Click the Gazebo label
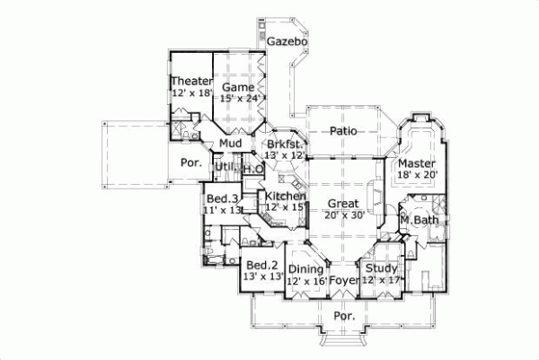pyautogui.click(x=287, y=42)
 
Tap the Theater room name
pyautogui.click(x=192, y=83)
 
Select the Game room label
pyautogui.click(x=239, y=87)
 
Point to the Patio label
pyautogui.click(x=342, y=131)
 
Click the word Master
pyautogui.click(x=417, y=163)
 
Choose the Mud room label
pyautogui.click(x=230, y=144)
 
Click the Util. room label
pyautogui.click(x=223, y=167)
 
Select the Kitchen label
pyautogui.click(x=285, y=196)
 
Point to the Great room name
pyautogui.click(x=342, y=203)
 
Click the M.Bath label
pyautogui.click(x=418, y=220)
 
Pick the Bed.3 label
pyautogui.click(x=222, y=198)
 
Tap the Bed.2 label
pyautogui.click(x=261, y=265)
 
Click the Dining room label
pyautogui.click(x=305, y=268)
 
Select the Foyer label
pyautogui.click(x=344, y=280)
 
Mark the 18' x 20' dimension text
pyautogui.click(x=417, y=176)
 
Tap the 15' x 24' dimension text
pyautogui.click(x=239, y=99)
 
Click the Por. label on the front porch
pyautogui.click(x=344, y=316)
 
